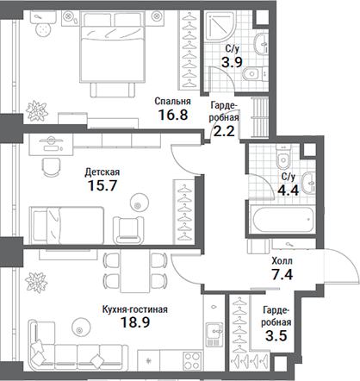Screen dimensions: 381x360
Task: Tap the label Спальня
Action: (172, 101)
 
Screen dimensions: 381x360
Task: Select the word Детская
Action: (102, 172)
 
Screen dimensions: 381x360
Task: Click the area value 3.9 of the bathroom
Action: (230, 62)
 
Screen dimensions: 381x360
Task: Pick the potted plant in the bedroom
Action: (39, 109)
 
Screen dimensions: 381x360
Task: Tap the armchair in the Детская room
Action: (131, 227)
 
